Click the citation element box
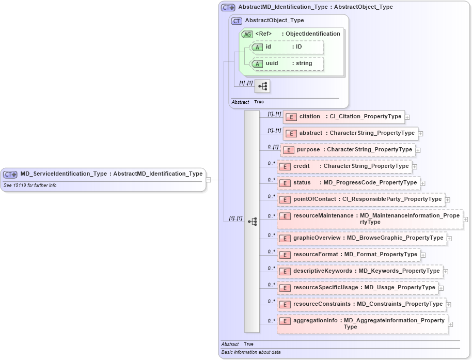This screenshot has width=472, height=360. coord(343,117)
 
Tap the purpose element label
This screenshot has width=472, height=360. coord(308,150)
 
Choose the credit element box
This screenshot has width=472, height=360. coord(344,166)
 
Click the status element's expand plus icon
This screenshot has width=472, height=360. coord(423,183)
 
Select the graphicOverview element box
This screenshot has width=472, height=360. coord(361,238)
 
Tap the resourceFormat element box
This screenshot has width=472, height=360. coord(349,255)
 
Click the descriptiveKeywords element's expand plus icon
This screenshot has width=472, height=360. coord(446,272)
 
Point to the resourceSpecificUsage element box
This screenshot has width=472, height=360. coord(357,288)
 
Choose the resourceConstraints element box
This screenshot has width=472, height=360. coord(361,304)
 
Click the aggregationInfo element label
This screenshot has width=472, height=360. coord(316,321)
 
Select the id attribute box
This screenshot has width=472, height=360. coord(287,47)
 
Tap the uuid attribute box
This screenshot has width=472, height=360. coord(287,64)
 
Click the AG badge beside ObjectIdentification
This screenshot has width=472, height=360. coord(247,34)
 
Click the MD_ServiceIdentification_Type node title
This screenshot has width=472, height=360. coord(111,174)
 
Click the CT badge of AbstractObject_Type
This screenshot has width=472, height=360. coord(237,21)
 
